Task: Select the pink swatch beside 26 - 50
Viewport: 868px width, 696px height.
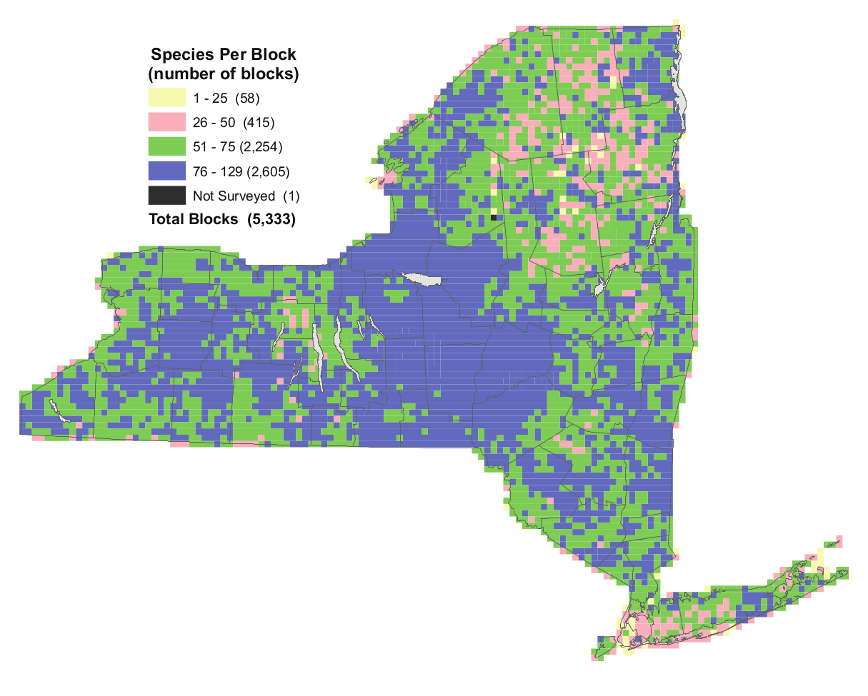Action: point(166,122)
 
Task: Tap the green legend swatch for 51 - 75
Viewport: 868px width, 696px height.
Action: point(166,147)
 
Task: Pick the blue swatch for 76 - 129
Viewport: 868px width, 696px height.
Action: point(166,171)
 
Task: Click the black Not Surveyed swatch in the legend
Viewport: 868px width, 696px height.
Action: point(166,196)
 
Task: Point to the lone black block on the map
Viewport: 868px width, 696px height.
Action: point(493,217)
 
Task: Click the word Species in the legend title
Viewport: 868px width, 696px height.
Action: point(179,55)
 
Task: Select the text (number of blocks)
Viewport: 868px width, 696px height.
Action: point(222,73)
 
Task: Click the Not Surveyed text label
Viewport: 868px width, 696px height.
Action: point(234,196)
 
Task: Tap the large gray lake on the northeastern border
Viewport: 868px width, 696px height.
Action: point(681,93)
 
